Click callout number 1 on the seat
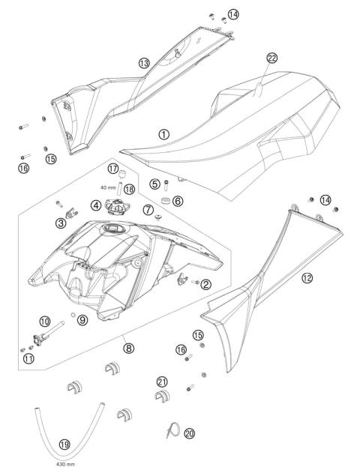coord(164,134)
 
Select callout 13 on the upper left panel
coord(144,64)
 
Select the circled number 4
coord(96,205)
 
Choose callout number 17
coord(113,168)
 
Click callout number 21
coord(161,381)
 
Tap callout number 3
coord(61,223)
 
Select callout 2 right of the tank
coord(205,283)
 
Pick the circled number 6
coord(178,200)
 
